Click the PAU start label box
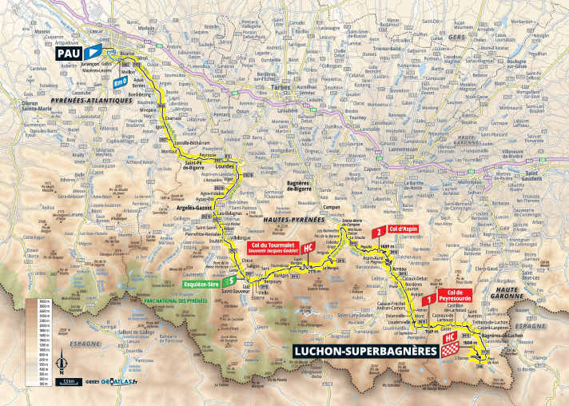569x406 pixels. (68, 54)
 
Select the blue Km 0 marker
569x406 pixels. (121, 81)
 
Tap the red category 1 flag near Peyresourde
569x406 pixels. (432, 300)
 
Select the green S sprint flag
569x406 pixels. (229, 281)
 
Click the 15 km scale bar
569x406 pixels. (69, 382)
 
